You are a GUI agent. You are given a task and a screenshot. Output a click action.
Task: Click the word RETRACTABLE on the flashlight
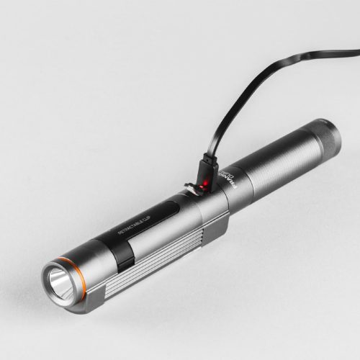click(133, 225)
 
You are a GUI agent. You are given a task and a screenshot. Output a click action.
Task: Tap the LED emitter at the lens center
click(57, 279)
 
